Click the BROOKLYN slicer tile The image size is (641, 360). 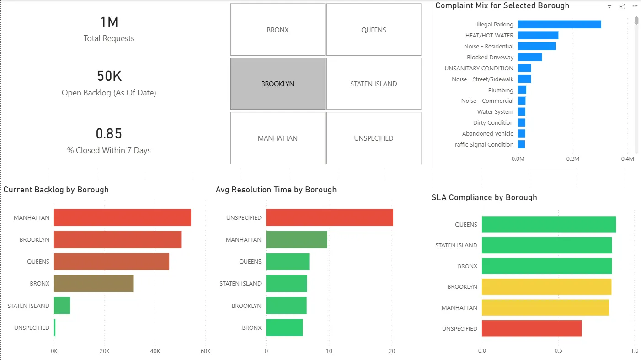278,84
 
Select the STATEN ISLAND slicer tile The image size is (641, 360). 374,84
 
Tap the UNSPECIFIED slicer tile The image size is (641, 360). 374,138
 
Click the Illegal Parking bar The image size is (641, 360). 559,25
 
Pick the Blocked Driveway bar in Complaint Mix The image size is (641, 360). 530,57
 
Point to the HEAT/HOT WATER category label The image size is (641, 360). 489,36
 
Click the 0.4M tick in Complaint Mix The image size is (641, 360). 627,159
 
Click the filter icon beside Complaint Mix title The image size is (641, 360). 609,6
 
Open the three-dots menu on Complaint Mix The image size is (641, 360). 635,6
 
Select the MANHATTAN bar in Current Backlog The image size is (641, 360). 122,217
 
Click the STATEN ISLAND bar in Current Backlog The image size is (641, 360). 62,306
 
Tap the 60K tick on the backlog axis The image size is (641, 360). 205,351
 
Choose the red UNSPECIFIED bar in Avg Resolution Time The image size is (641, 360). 329,217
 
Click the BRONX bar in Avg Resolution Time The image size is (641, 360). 284,328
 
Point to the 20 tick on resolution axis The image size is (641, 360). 392,351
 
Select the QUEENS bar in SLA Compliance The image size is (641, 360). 549,224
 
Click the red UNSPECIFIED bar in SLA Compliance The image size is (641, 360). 532,328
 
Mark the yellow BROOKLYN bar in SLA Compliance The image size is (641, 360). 546,287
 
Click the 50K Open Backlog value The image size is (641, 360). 109,76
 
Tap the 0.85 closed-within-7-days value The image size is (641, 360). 109,134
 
